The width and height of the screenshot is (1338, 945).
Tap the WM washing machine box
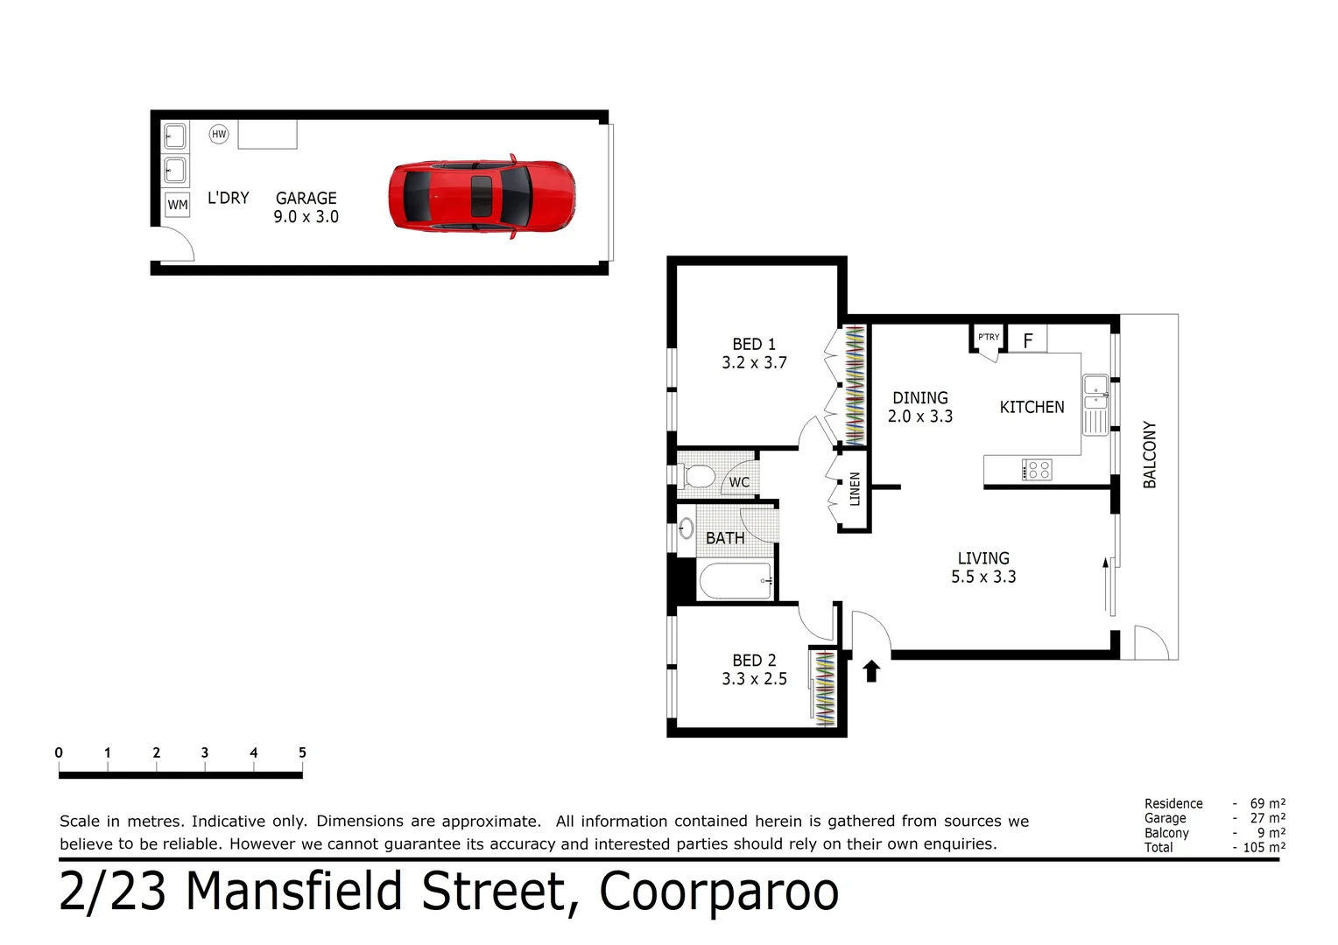pyautogui.click(x=178, y=205)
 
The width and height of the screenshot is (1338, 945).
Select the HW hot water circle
pyautogui.click(x=219, y=134)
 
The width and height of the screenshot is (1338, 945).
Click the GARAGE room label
pyautogui.click(x=306, y=199)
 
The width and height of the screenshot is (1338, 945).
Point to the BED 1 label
pyautogui.click(x=754, y=344)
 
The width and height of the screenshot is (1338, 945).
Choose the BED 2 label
pyautogui.click(x=754, y=661)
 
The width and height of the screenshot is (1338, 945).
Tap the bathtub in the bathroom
pyautogui.click(x=735, y=581)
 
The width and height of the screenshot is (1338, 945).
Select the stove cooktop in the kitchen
pyautogui.click(x=1037, y=470)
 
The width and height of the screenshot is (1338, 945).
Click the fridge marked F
pyautogui.click(x=1028, y=339)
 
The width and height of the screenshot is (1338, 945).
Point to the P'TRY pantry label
pyautogui.click(x=989, y=337)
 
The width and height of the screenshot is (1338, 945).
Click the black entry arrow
pyautogui.click(x=871, y=670)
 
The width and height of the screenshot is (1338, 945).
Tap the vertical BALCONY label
pyautogui.click(x=1150, y=454)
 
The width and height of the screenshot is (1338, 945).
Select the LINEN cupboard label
pyautogui.click(x=855, y=489)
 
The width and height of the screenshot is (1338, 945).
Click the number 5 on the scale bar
pyautogui.click(x=302, y=752)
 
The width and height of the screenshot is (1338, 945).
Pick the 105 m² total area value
pyautogui.click(x=1264, y=847)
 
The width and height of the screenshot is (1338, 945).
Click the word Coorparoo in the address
pyautogui.click(x=719, y=892)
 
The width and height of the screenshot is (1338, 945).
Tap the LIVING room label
pyautogui.click(x=983, y=558)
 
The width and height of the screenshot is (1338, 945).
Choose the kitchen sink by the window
pyautogui.click(x=1095, y=393)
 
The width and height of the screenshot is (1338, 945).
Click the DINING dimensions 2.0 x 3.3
pyautogui.click(x=919, y=416)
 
